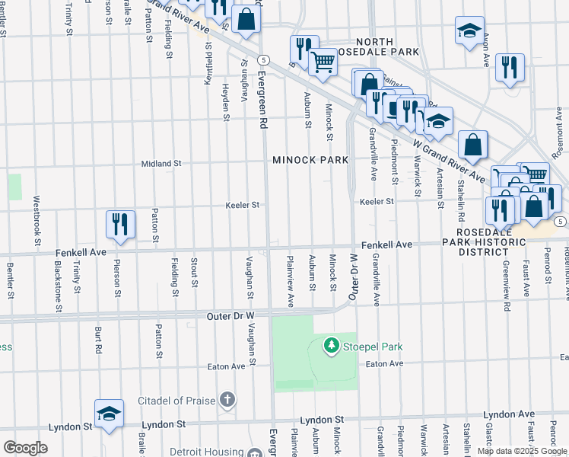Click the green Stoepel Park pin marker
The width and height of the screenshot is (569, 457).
[331, 346]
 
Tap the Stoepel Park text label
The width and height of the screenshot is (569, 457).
[371, 347]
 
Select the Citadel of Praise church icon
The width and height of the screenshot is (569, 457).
[227, 400]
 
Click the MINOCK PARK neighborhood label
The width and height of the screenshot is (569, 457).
[310, 160]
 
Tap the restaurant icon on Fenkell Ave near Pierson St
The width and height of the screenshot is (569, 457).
[120, 225]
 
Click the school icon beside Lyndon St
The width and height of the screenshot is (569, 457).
[109, 414]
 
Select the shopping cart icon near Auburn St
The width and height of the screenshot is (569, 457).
[323, 63]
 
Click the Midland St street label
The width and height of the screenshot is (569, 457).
[161, 163]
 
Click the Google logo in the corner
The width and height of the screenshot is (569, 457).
[25, 447]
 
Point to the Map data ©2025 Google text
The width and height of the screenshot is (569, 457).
[521, 451]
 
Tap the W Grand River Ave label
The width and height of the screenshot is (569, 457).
[449, 158]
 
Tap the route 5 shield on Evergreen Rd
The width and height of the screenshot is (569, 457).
[262, 59]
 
